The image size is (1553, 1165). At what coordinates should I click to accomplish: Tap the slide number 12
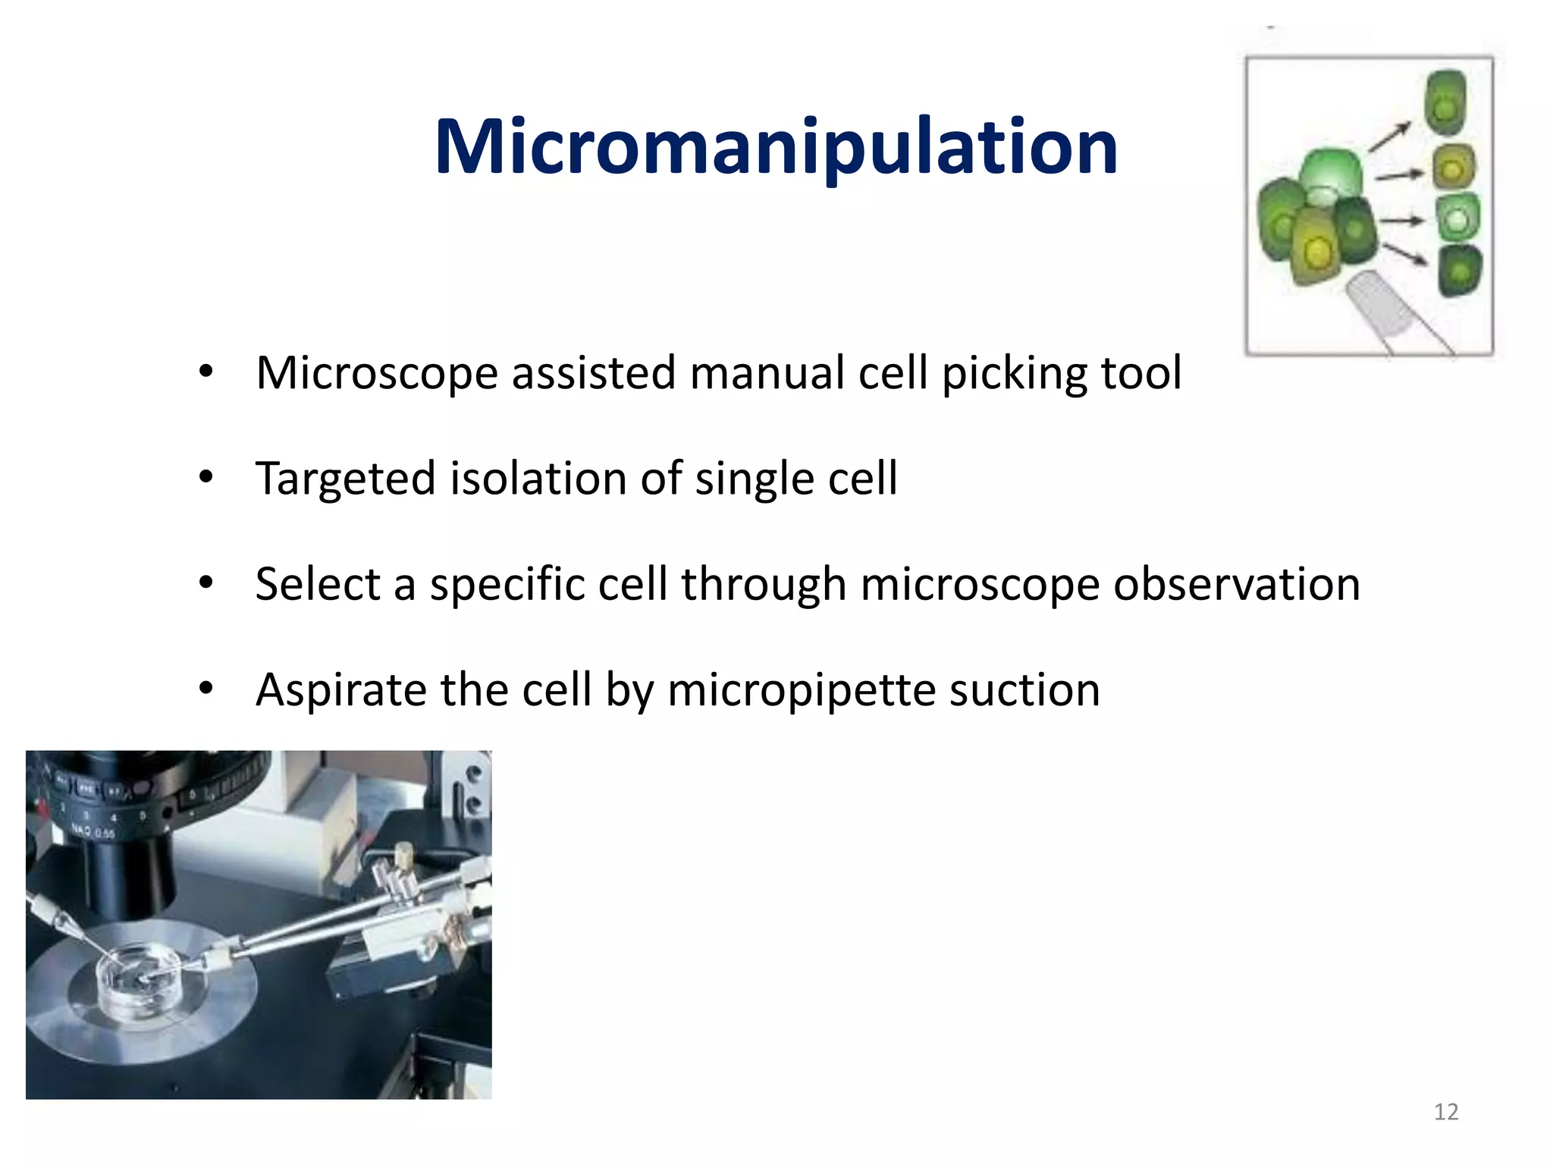click(x=1445, y=1112)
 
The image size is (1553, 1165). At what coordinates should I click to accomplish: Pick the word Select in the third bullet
click(x=317, y=584)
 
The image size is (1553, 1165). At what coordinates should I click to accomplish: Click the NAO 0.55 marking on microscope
click(x=93, y=832)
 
